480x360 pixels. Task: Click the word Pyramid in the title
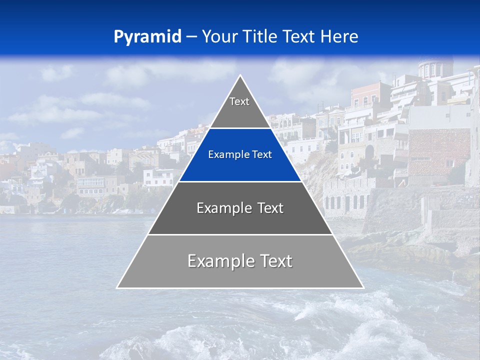147,36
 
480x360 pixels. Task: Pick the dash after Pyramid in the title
191,37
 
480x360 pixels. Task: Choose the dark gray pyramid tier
240,220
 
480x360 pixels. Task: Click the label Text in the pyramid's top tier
239,101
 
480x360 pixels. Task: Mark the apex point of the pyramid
240,76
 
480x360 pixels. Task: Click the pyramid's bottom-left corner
117,287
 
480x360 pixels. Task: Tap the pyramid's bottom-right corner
363,287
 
